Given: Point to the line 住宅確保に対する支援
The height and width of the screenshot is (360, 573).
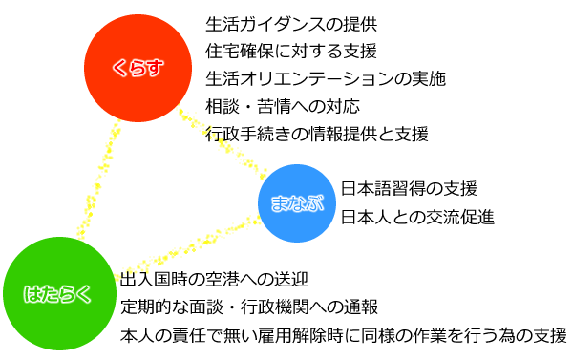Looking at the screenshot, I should pos(291,50).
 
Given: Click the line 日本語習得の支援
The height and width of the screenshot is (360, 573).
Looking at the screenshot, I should pos(409,188).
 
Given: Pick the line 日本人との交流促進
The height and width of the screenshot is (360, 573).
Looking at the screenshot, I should pos(417,216).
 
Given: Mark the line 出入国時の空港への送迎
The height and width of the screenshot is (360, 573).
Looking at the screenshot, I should pos(215,280).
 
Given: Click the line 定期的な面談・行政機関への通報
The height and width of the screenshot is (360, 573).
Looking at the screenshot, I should pos(250,307).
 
